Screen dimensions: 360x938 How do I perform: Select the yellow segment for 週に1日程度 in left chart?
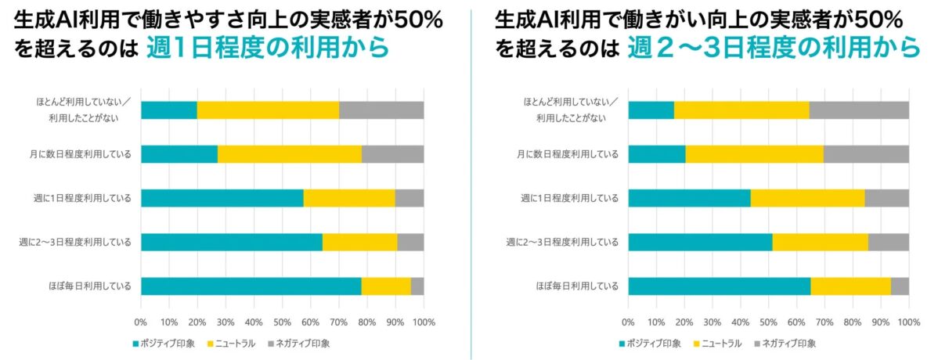348,198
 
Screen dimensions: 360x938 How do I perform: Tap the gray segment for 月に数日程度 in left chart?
392,154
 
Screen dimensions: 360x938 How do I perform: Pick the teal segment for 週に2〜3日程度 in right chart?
699,242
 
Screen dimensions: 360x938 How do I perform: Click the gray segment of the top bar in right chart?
858,110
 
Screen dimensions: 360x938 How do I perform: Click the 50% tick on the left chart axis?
282,322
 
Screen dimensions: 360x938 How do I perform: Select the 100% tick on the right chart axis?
908,322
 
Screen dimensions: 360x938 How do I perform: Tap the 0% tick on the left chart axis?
141,322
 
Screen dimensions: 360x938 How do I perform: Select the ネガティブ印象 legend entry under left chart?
299,343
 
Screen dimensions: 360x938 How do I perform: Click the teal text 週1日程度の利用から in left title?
267,49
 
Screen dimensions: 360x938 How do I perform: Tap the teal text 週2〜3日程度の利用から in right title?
773,49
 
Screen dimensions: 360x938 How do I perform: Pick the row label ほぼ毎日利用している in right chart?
583,286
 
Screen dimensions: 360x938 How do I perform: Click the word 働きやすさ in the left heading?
175,17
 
